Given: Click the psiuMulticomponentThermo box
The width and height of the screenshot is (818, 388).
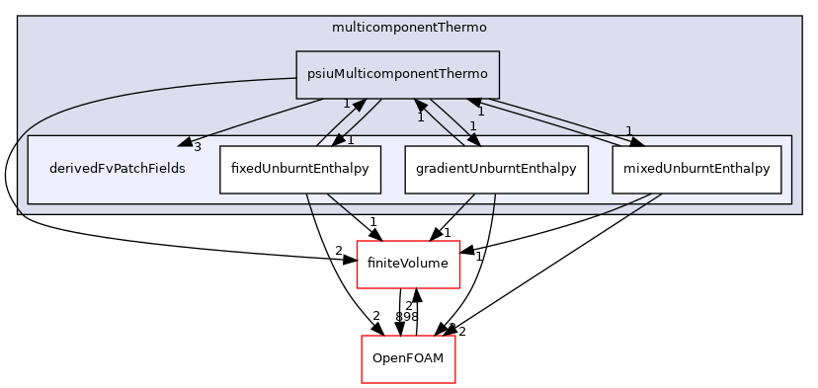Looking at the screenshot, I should coord(397,74).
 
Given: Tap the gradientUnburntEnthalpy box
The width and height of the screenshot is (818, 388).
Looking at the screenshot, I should coord(496,169).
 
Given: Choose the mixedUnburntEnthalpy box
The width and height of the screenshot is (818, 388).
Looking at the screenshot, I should coord(696,169).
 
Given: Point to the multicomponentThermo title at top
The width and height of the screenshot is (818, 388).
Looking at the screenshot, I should coord(409,26).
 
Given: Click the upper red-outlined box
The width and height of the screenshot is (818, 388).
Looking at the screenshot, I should coord(408,265).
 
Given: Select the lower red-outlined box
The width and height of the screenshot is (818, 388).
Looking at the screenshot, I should coord(408,359).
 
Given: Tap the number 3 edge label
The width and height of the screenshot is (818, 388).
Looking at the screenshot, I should coord(197,147).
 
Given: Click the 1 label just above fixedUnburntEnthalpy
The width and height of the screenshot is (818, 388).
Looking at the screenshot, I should coord(350,140).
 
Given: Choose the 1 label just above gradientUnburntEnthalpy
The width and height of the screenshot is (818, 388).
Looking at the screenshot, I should coord(473,126).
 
